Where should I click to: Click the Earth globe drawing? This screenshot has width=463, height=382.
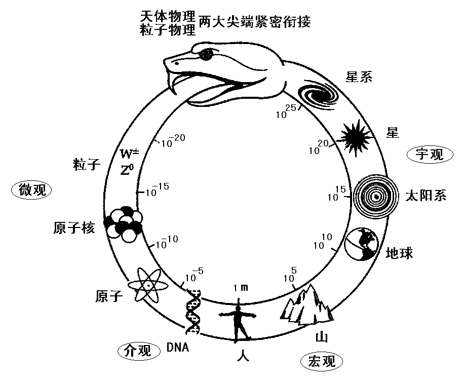point(362,244)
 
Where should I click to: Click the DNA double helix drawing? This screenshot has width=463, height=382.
point(192,312)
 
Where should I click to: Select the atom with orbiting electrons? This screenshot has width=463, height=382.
point(147,286)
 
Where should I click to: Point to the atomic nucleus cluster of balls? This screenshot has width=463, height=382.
point(123,222)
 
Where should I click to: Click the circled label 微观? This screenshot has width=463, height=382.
point(32,190)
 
